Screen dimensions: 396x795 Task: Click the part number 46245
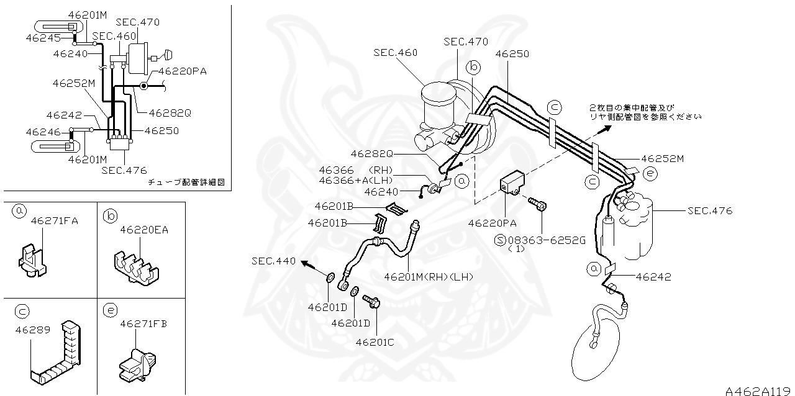(x=43, y=38)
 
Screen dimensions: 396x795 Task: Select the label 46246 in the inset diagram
(x=43, y=132)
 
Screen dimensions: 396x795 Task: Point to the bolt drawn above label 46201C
(x=371, y=302)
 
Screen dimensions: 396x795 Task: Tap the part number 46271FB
(x=143, y=323)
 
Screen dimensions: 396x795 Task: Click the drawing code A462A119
(x=759, y=390)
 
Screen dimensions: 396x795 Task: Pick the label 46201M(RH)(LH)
(x=429, y=277)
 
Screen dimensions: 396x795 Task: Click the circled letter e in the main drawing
(x=650, y=173)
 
